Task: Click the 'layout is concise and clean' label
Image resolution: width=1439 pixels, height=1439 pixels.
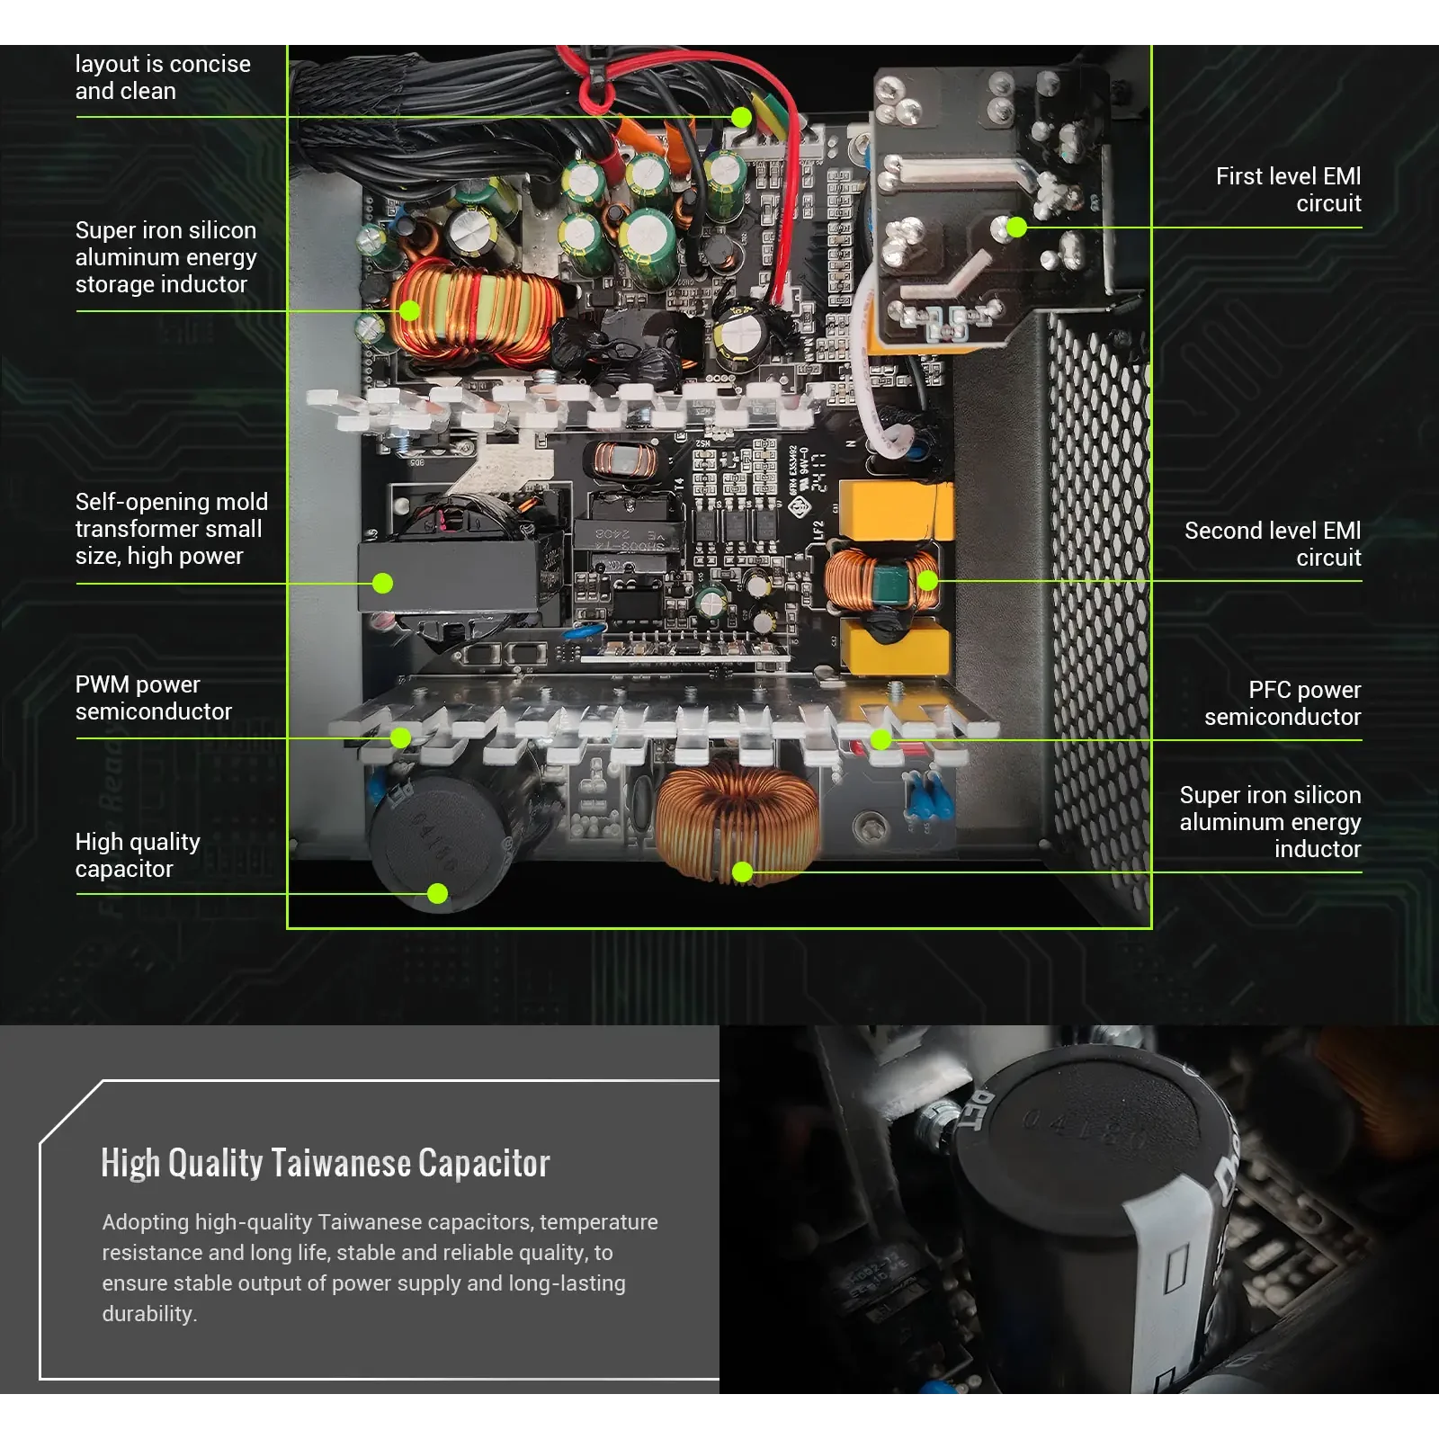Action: coord(163,77)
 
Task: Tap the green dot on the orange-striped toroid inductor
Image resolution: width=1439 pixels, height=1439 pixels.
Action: coord(409,311)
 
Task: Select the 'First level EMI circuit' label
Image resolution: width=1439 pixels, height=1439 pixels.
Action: coord(1288,190)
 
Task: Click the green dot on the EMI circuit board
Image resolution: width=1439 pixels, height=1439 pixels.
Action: coord(1015,227)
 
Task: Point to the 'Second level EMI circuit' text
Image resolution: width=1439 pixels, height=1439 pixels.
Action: coord(1272,543)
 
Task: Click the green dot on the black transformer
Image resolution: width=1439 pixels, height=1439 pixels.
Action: coord(382,583)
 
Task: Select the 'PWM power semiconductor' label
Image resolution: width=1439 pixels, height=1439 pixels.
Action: coord(154,698)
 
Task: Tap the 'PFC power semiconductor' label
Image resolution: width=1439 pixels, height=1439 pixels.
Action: coord(1283,703)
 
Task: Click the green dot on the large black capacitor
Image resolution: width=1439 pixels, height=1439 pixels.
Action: coord(437,893)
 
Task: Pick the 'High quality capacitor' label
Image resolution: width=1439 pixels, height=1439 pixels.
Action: coord(138,855)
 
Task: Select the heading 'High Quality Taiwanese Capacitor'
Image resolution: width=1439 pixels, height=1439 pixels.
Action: coord(325,1163)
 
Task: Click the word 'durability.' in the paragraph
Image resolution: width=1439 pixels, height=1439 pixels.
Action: coord(149,1314)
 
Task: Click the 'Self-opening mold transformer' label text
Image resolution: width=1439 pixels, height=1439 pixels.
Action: coord(171,529)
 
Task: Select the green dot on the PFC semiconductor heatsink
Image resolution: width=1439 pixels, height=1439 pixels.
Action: coord(880,739)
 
